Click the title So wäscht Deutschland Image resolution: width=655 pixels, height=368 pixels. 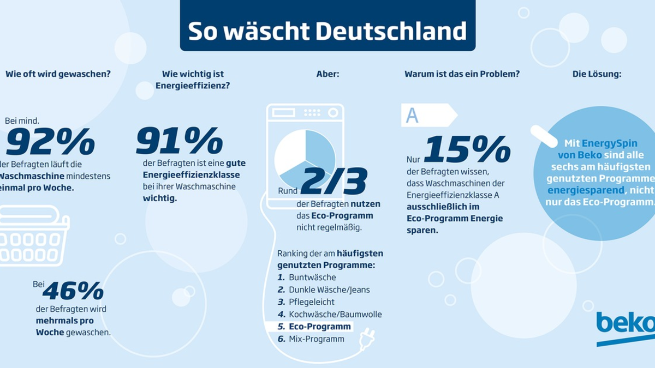tap(327, 32)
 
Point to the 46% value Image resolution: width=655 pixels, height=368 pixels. tap(73, 291)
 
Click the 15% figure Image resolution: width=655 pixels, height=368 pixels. tap(467, 149)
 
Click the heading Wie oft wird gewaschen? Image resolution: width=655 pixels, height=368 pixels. tap(58, 74)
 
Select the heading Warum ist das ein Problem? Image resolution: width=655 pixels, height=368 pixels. tap(462, 74)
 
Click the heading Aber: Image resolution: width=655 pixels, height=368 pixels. tap(328, 74)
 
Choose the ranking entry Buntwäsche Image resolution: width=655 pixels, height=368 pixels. tap(312, 277)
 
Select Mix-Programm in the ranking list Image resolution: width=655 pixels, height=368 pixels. tap(317, 339)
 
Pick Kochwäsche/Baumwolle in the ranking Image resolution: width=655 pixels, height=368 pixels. tap(335, 315)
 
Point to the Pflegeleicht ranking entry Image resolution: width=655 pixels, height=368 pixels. tap(312, 302)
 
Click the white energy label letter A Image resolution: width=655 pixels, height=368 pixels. tap(413, 116)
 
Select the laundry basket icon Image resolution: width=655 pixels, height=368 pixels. tap(33, 237)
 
